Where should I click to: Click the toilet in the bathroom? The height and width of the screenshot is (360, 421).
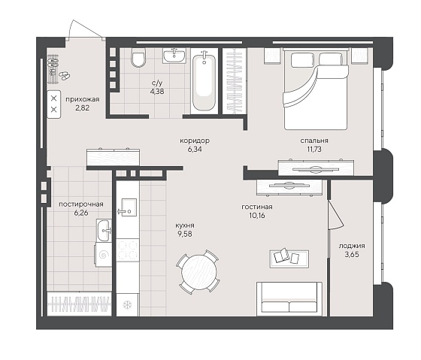point(138,57)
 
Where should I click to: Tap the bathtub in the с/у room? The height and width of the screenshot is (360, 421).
point(204,81)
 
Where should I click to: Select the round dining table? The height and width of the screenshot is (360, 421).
point(198,271)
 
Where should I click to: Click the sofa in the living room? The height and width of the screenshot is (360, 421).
point(289,298)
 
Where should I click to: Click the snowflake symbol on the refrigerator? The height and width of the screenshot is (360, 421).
point(127,305)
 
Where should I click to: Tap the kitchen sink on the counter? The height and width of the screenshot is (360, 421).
point(128,207)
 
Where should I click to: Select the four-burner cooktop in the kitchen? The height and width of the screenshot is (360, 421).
point(128,250)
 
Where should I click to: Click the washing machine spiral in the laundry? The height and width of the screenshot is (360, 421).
point(104,255)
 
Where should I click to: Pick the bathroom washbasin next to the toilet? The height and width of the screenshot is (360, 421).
point(174,56)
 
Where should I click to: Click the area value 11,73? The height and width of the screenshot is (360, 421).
point(314,149)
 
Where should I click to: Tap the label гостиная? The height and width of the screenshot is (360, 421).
point(257,207)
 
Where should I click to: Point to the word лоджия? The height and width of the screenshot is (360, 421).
point(352,246)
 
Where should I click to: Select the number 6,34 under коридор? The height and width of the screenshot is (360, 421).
point(195,150)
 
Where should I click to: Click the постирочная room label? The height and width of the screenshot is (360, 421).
point(81,204)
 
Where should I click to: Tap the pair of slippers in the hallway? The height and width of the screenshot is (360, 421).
point(65,75)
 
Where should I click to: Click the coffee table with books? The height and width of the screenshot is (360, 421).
point(289,259)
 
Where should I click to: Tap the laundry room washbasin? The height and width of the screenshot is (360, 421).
point(104,230)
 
